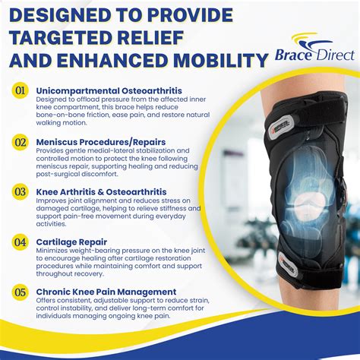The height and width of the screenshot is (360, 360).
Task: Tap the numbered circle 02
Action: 20,142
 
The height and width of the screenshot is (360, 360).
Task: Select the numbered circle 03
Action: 20,192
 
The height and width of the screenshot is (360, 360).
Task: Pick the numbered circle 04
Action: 20,242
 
